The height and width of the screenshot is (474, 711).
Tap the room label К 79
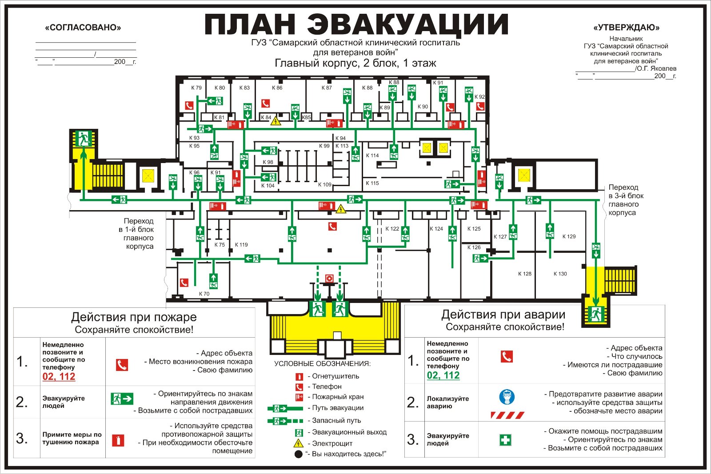pos(196,88)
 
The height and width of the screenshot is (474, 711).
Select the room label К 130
pos(560,274)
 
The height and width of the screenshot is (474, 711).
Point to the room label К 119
pos(241,244)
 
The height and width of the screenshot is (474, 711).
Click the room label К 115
pos(372,183)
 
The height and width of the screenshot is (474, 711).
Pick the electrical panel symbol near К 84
pos(276,120)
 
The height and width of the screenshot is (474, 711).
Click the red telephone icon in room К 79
pos(190,106)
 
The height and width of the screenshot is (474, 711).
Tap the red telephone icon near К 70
pos(184,283)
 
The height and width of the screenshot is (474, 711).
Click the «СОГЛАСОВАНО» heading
pos(83,28)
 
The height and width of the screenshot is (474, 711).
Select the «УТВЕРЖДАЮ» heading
pos(626,28)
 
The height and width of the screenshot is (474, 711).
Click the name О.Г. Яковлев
pos(656,68)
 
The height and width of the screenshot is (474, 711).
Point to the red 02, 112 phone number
pos(59,377)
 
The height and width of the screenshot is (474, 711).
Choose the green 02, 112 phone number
pos(443,375)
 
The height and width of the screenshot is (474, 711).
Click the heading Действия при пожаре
pos(134,317)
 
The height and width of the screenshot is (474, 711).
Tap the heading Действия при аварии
pos(503,315)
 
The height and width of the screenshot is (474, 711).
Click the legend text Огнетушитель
pos(336,376)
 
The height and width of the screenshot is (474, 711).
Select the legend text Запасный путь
pos(336,420)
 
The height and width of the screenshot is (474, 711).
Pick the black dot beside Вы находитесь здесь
pos(299,454)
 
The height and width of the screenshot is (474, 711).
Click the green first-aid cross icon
pos(506,440)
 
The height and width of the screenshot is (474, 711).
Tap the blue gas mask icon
pos(507,397)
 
